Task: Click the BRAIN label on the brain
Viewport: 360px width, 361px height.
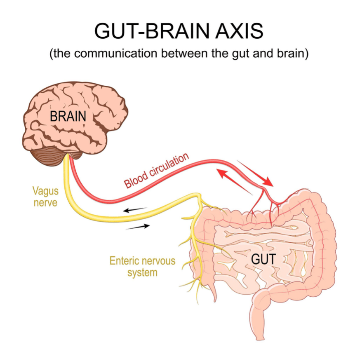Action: point(68,116)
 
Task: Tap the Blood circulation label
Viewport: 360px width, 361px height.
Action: point(157,170)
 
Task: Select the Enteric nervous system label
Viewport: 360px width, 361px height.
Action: point(142,266)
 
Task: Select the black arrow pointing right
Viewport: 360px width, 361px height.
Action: point(138,226)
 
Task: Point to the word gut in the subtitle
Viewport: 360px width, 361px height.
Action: point(241,55)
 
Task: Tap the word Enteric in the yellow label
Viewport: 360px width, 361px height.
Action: point(123,261)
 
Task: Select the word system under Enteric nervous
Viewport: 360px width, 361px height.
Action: point(142,272)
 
